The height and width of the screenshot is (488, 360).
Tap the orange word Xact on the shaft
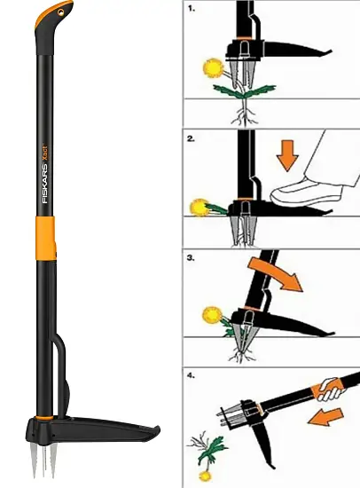[45, 153]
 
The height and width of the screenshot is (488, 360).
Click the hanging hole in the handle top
[61, 12]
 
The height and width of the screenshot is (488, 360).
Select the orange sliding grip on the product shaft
[46, 238]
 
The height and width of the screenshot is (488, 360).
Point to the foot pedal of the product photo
[106, 429]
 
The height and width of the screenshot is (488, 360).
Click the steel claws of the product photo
[43, 459]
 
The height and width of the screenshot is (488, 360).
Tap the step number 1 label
[192, 9]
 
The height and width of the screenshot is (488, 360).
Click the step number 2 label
[191, 138]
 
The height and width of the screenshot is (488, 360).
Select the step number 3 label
[191, 258]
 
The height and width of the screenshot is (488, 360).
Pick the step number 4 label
[191, 375]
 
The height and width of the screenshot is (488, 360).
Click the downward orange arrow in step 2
[287, 155]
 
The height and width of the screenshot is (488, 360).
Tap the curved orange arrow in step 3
[276, 274]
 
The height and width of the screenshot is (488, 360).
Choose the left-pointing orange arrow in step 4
[325, 417]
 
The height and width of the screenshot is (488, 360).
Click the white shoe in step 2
[307, 193]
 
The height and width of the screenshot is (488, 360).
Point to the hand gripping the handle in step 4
[332, 389]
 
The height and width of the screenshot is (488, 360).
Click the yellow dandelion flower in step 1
[213, 67]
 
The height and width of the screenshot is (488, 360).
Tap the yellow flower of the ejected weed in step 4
[204, 476]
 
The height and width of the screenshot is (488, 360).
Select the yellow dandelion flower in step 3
[212, 315]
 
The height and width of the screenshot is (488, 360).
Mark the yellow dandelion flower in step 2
[200, 208]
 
